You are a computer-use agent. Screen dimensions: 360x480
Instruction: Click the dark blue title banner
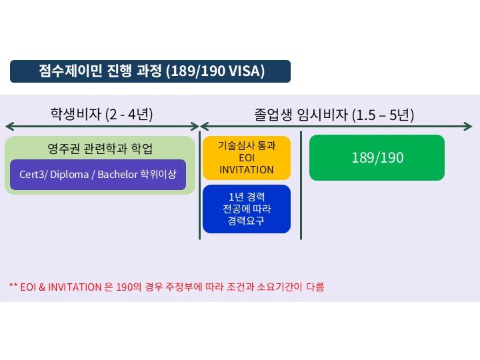click(x=150, y=71)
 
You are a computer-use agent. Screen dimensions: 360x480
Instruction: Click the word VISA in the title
click(x=247, y=71)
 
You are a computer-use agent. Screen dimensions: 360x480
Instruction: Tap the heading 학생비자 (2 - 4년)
click(x=102, y=114)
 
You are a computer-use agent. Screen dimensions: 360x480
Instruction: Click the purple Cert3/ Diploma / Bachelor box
click(x=98, y=175)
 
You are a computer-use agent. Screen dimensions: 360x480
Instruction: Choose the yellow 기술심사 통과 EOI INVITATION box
click(x=247, y=157)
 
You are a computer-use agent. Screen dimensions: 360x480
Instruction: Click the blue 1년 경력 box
click(x=247, y=209)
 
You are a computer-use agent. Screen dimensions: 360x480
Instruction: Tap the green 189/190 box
click(x=377, y=157)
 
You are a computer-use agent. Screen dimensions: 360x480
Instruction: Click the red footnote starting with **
click(x=167, y=287)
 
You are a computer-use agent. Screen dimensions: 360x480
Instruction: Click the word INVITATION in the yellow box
click(x=247, y=169)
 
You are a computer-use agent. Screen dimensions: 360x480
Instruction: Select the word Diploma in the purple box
click(x=69, y=175)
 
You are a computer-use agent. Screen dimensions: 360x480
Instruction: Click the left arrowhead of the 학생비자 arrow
click(x=8, y=126)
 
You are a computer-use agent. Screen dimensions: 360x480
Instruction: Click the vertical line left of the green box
click(x=301, y=185)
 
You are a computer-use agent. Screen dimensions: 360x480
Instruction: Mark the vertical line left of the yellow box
click(x=200, y=185)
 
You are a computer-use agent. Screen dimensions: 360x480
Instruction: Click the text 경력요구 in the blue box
click(x=247, y=221)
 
